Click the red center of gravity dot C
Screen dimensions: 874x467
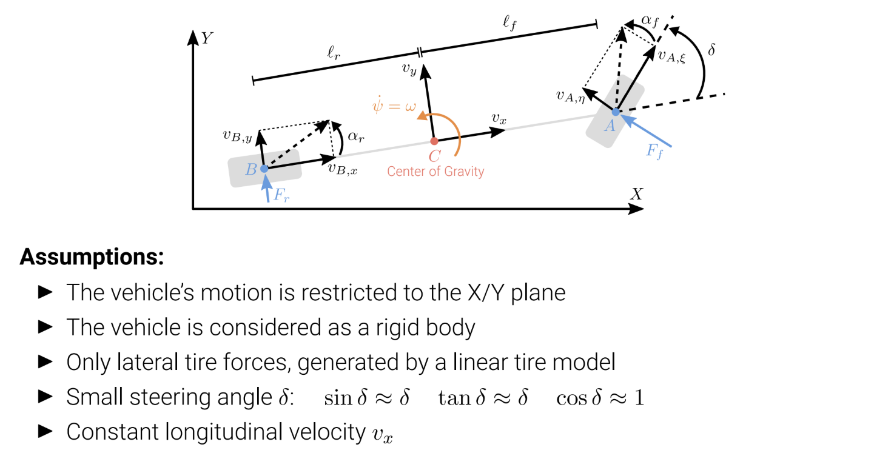point(434,141)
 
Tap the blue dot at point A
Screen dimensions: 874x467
point(615,112)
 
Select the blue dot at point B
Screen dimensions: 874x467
point(264,169)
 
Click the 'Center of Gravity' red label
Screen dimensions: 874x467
point(435,172)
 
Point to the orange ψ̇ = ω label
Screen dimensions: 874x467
point(394,105)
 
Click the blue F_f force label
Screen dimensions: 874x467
point(654,151)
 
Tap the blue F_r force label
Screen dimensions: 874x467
point(281,195)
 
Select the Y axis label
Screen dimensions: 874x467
point(207,38)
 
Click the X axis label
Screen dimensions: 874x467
point(636,193)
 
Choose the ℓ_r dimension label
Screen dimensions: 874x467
point(334,52)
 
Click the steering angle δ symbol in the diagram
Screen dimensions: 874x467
point(711,50)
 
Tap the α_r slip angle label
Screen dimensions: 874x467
point(356,137)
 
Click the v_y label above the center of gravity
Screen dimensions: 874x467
point(409,70)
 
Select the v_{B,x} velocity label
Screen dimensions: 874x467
point(343,169)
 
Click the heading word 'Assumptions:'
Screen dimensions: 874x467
point(92,257)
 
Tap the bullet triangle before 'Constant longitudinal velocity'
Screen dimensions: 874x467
point(45,431)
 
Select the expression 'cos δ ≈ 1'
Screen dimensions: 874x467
point(600,398)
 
